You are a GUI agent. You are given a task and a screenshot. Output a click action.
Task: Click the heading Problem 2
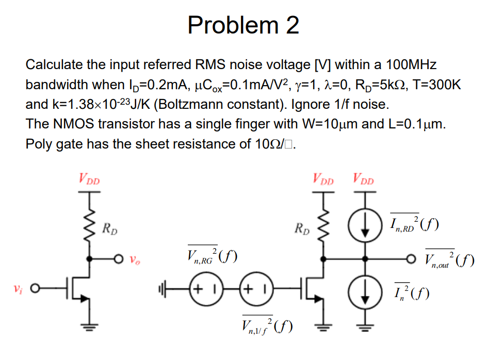click(x=243, y=25)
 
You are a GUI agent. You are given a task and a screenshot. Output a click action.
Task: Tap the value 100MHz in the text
click(x=410, y=65)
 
